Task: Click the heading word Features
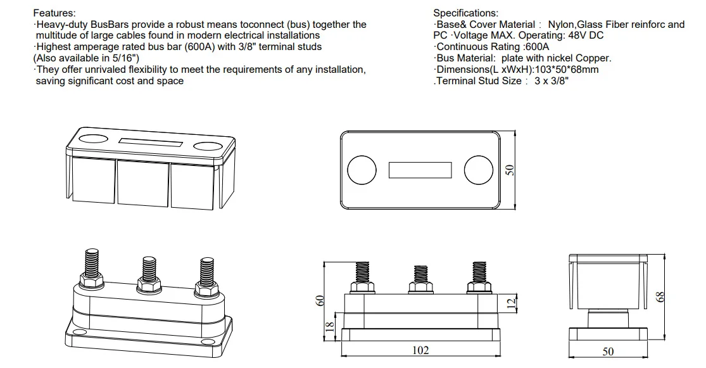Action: [x=54, y=13]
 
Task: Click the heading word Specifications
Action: [x=465, y=13]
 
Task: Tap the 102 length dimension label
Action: [x=420, y=350]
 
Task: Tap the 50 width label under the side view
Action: [x=608, y=352]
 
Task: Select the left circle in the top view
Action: [x=363, y=170]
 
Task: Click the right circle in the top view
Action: [x=478, y=170]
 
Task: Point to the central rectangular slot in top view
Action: [x=420, y=170]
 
